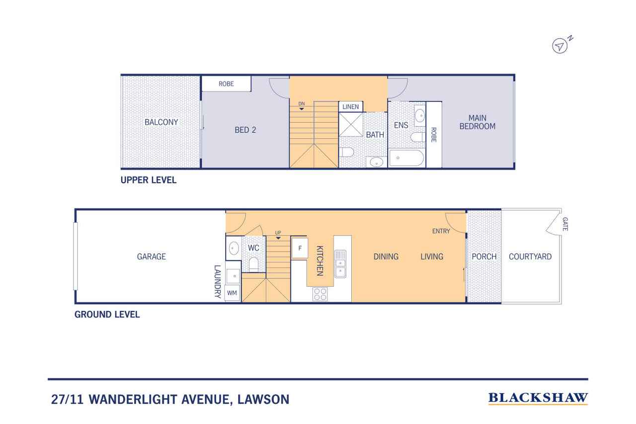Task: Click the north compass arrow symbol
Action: click(x=559, y=46)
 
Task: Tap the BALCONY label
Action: click(x=161, y=122)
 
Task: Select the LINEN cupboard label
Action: click(x=351, y=107)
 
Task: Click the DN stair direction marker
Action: click(x=302, y=105)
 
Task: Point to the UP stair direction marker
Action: click(x=278, y=235)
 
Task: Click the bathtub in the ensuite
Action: click(x=406, y=158)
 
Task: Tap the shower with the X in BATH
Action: click(x=351, y=124)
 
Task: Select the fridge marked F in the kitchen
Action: click(x=300, y=248)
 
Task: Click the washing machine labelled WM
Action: click(x=232, y=293)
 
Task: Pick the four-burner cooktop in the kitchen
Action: click(x=320, y=294)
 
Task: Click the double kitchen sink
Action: click(x=340, y=264)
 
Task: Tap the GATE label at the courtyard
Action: click(x=565, y=224)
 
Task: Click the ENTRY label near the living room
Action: click(x=441, y=231)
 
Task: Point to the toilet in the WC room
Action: click(x=253, y=264)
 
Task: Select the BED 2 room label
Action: click(x=245, y=130)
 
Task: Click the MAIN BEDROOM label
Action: click(x=477, y=122)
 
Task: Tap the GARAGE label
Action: click(x=152, y=256)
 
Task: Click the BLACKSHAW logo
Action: click(x=538, y=398)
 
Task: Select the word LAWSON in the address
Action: click(x=263, y=399)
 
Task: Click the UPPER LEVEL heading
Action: click(x=149, y=180)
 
